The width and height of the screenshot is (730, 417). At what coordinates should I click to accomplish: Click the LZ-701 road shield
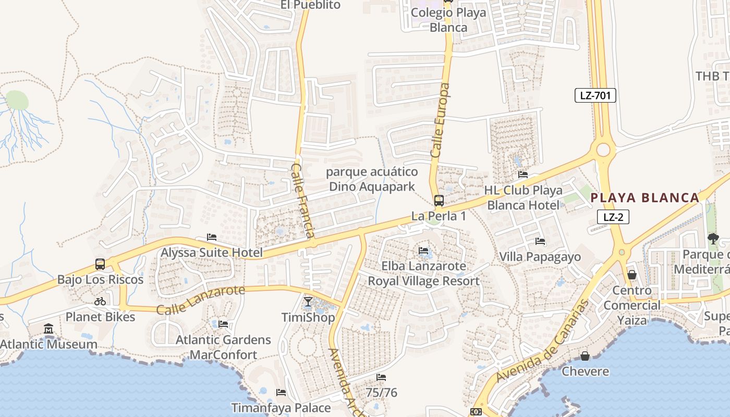coord(595,95)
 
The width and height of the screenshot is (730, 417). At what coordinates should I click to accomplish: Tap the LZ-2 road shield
coord(613,217)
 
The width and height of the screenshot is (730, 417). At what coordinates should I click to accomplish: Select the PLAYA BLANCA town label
coord(645,198)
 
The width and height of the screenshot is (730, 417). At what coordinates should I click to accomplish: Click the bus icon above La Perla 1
coord(439,201)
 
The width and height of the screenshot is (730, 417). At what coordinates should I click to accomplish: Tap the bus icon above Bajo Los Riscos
coord(100,264)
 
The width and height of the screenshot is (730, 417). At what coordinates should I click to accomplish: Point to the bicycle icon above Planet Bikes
coord(100,301)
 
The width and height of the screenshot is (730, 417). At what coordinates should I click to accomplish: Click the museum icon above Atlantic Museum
coord(48,329)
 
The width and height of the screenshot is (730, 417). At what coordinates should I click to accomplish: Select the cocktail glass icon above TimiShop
coord(308,302)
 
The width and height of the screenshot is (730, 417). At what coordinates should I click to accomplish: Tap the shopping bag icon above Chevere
coord(585,356)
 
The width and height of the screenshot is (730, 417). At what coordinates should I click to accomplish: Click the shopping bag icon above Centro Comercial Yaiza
coord(632,275)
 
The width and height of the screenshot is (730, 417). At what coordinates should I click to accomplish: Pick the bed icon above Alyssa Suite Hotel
coord(212,237)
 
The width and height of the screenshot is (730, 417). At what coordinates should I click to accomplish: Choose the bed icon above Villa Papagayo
coord(540,241)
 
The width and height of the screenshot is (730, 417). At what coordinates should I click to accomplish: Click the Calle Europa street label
coord(441,120)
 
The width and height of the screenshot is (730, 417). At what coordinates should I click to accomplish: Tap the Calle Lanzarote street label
coord(200,299)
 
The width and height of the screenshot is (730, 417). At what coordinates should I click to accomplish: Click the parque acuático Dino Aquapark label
coord(372,179)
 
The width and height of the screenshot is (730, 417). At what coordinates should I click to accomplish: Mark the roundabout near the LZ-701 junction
coord(603,150)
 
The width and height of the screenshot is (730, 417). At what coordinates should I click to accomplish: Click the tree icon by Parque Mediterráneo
coord(712,239)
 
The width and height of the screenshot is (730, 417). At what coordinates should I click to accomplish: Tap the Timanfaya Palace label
coord(281,408)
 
